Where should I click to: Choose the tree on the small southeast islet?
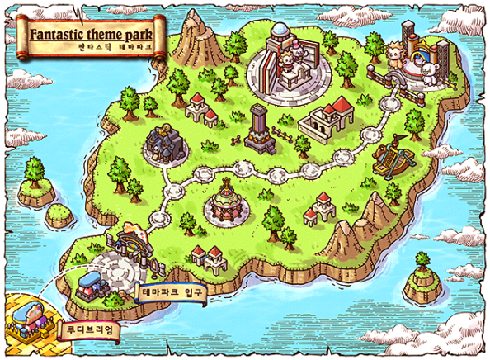coord(422,268)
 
